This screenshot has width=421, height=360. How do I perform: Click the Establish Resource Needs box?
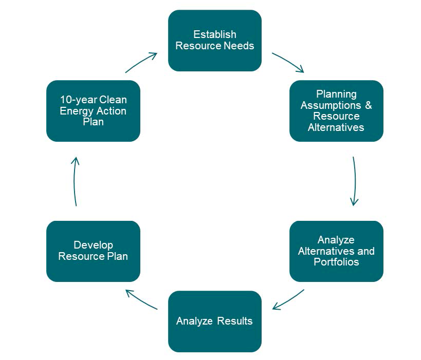point(214,40)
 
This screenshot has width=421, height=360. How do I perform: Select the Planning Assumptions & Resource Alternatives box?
point(336,110)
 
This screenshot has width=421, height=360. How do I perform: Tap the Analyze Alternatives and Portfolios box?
point(336,251)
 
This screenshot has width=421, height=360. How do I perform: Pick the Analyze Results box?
point(214,321)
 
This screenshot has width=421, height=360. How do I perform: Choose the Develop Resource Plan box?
point(93,251)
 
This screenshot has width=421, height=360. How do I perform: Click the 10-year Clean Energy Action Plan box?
point(93,110)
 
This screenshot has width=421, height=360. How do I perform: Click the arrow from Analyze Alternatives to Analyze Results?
point(288,300)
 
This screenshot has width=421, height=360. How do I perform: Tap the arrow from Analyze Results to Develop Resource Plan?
point(141,299)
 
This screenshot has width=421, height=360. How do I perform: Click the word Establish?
point(214,34)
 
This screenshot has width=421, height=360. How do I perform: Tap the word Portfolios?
point(336,262)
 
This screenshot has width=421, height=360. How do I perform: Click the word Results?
point(235,321)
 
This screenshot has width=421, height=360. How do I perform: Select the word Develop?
point(93,245)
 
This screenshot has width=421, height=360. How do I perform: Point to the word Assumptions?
point(330,105)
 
